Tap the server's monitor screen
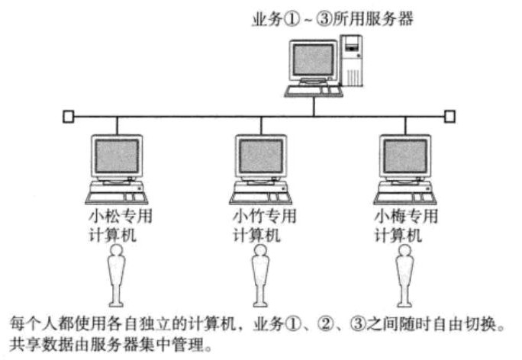312,59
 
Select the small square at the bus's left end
69,117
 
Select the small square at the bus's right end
450,117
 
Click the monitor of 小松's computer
116,156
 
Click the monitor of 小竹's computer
261,156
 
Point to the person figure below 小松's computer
117,275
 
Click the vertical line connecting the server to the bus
313,106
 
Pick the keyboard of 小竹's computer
261,198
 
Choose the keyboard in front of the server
312,91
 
